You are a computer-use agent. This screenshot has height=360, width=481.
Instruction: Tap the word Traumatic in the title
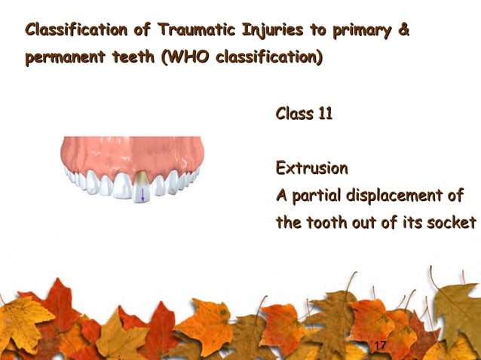(198, 31)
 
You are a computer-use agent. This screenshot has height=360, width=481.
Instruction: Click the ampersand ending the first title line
(403, 31)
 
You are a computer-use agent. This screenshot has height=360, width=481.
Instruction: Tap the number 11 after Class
(324, 114)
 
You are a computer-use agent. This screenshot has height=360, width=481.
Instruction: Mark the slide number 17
(380, 345)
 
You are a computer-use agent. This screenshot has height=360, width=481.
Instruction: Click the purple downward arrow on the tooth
(141, 195)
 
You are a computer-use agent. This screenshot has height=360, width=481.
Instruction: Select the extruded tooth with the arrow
(141, 188)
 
